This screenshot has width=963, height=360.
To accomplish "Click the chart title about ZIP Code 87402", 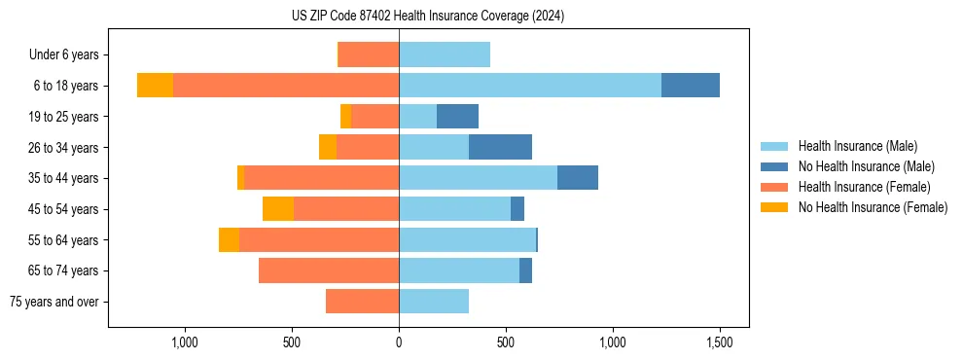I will [x=428, y=17].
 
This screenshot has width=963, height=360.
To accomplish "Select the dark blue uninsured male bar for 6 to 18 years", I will [x=690, y=86].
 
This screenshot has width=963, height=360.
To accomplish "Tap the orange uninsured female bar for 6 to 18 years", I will [x=155, y=86].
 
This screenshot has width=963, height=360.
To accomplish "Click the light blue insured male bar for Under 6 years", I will [x=445, y=54].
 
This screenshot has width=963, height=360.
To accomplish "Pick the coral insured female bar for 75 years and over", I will [x=362, y=302].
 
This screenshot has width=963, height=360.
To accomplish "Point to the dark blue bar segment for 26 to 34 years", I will [x=500, y=147].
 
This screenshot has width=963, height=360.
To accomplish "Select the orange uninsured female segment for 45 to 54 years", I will [x=278, y=209].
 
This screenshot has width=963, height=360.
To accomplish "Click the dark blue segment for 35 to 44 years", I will [x=577, y=178].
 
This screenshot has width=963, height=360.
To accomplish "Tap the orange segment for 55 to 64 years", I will [x=229, y=240].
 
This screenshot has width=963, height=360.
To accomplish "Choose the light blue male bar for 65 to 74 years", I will [x=459, y=270].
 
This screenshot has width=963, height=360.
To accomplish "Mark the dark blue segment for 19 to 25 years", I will [x=457, y=117].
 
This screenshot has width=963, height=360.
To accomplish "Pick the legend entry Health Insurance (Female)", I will [x=864, y=187].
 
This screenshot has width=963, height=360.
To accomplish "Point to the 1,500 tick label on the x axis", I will [x=719, y=342].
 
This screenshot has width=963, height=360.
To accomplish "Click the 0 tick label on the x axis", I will [x=399, y=342].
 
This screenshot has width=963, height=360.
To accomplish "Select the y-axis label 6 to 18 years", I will [x=65, y=86].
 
